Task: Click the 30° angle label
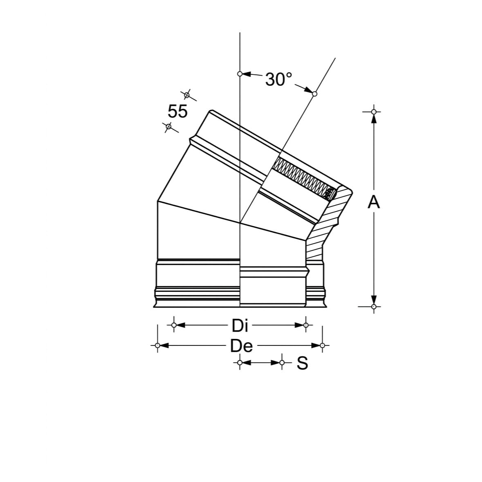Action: (x=278, y=79)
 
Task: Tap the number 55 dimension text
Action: (x=177, y=111)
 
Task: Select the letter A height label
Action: (x=374, y=202)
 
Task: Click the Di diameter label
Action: (x=240, y=325)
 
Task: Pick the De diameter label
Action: (x=242, y=346)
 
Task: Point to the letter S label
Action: (x=302, y=363)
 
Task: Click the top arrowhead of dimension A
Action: (x=374, y=118)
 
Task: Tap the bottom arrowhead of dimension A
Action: (x=374, y=300)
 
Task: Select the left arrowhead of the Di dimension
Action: (x=180, y=325)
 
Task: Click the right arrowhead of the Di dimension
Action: (x=299, y=325)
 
